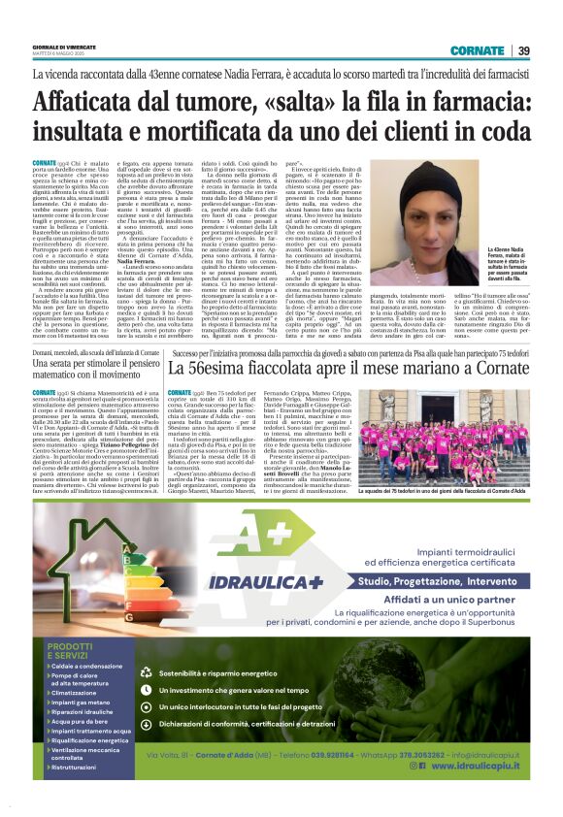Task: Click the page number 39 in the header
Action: (523, 50)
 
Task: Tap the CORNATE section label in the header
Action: (477, 50)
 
